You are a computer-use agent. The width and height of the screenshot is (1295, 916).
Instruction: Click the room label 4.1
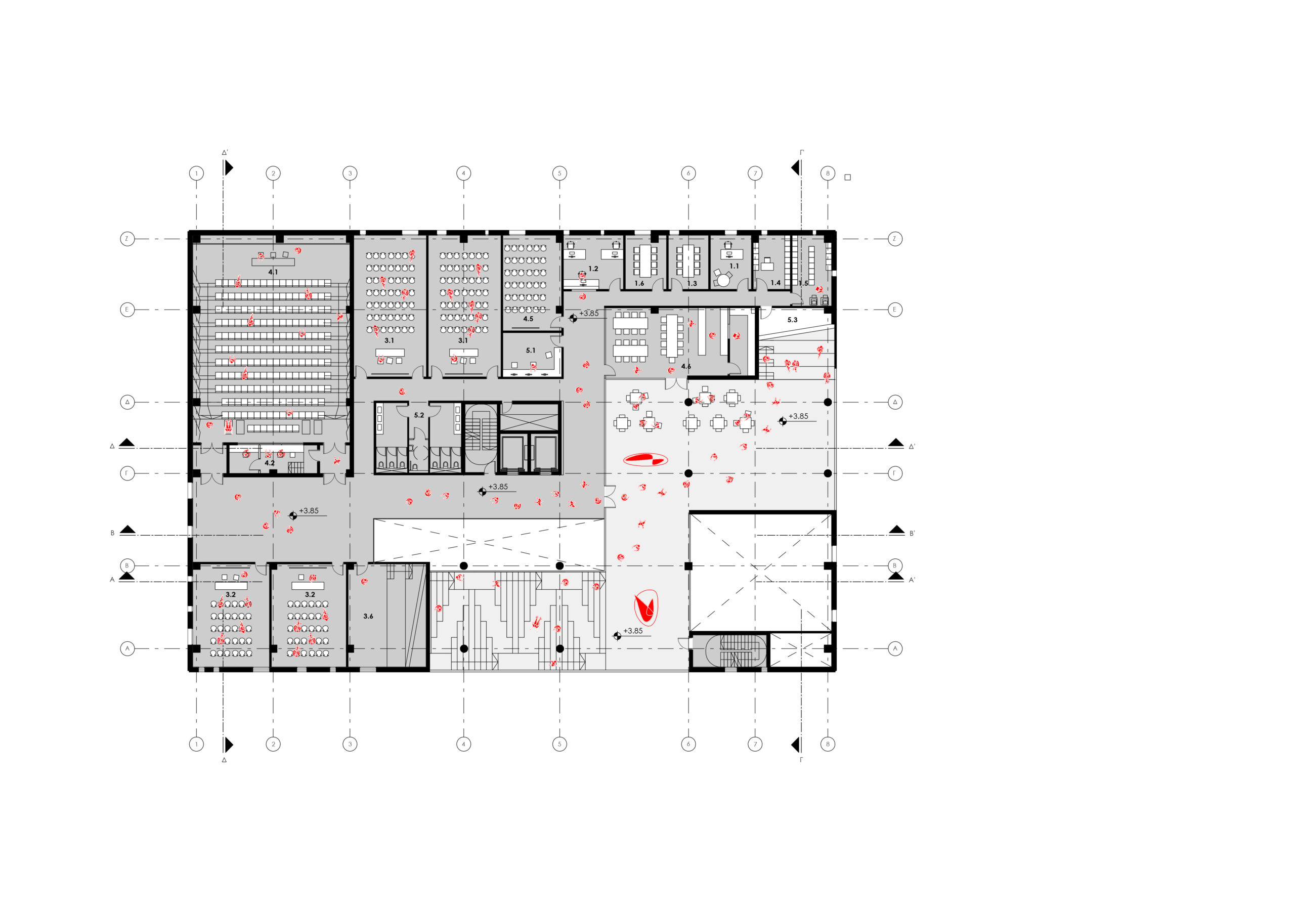point(273,272)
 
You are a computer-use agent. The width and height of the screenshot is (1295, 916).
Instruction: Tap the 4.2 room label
point(270,463)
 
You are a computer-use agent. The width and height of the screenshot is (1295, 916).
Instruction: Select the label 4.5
point(528,319)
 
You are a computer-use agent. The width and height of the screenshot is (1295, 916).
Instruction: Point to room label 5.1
point(531,351)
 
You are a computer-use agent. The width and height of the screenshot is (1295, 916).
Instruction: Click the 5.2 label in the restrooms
point(418,415)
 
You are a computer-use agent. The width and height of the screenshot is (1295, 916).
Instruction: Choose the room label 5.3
point(793,320)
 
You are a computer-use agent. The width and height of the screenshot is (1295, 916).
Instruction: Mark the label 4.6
point(686,367)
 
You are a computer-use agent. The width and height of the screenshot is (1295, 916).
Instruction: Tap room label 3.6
point(368,616)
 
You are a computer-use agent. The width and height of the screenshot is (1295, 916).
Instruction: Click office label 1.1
point(734,266)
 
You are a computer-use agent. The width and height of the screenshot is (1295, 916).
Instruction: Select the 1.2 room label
point(593,269)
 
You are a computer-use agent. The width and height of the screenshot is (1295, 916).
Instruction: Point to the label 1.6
point(639,283)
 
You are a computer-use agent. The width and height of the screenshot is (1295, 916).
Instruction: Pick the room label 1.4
point(775,283)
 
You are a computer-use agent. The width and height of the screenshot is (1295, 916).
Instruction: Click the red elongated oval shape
point(646,459)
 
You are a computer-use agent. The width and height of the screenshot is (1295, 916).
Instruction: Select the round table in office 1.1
point(723,280)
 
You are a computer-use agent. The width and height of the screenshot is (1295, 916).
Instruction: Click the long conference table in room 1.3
point(688,260)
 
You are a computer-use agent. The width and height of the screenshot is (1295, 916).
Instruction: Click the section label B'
point(912,534)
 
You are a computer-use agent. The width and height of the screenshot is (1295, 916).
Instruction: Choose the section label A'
point(912,580)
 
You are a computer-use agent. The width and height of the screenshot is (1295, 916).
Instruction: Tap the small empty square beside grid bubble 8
point(847,178)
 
